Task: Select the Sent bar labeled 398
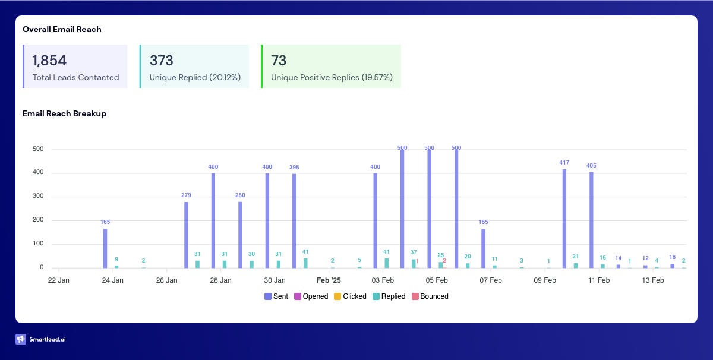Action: pyautogui.click(x=294, y=220)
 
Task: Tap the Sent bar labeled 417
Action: pyautogui.click(x=564, y=218)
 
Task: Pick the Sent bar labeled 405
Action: pyautogui.click(x=591, y=220)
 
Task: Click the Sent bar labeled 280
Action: pyautogui.click(x=240, y=235)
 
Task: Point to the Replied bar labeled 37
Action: pyautogui.click(x=414, y=263)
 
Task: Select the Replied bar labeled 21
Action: pyautogui.click(x=575, y=265)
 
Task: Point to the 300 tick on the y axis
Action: pyautogui.click(x=37, y=197)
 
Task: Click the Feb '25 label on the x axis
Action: pyautogui.click(x=329, y=280)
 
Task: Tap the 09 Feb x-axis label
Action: pyautogui.click(x=545, y=280)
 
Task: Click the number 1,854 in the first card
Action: pyautogui.click(x=49, y=61)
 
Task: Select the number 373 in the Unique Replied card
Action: pyautogui.click(x=161, y=61)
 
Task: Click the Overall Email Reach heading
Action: pyautogui.click(x=62, y=29)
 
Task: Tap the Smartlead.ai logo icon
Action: pyautogui.click(x=21, y=339)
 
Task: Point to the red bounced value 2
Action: pyautogui.click(x=444, y=260)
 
